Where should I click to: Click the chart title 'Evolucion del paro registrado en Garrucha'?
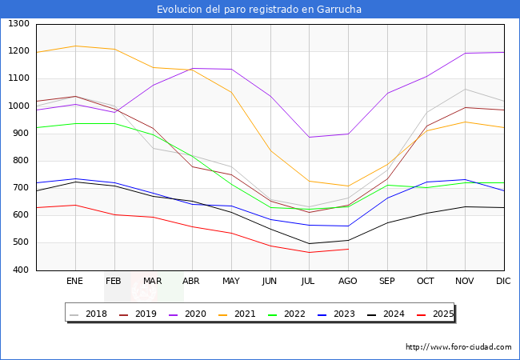[259, 10]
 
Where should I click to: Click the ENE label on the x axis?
[74, 281]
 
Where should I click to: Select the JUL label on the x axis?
[309, 281]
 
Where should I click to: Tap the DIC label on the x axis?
[503, 281]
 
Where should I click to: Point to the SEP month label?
[386, 281]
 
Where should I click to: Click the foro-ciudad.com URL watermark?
[458, 347]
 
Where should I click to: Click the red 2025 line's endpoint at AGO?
[348, 249]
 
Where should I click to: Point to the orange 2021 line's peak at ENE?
[75, 46]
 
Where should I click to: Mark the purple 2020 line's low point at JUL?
[309, 137]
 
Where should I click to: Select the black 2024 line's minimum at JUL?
[309, 243]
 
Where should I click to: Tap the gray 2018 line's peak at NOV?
[465, 89]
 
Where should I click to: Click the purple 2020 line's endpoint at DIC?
[503, 52]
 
